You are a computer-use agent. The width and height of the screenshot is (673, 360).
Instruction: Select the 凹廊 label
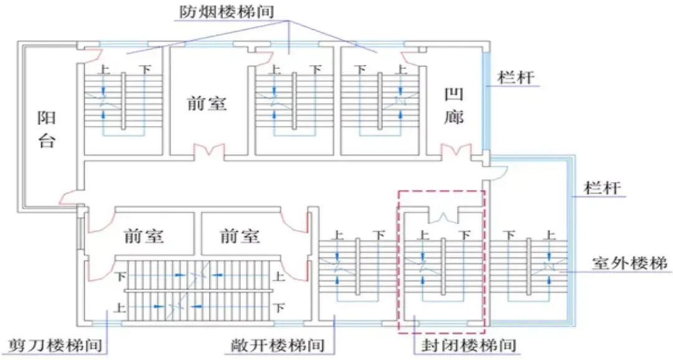pyautogui.click(x=454, y=106)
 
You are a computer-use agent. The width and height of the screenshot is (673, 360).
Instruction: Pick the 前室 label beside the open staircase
pyautogui.click(x=240, y=236)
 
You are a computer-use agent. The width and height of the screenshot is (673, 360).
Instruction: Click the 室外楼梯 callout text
pyautogui.click(x=629, y=263)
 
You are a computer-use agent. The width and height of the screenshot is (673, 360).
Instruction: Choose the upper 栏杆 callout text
pyautogui.click(x=515, y=78)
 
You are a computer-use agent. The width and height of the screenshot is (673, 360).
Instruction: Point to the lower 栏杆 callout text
pyautogui.click(x=604, y=187)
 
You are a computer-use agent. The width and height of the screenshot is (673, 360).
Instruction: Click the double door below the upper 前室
pyautogui.click(x=208, y=151)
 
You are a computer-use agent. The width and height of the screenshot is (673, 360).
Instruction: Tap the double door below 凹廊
pyautogui.click(x=455, y=151)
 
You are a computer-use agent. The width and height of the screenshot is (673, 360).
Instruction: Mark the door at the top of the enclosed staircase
pyautogui.click(x=443, y=217)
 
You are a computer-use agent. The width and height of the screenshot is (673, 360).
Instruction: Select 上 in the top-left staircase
pyautogui.click(x=104, y=69)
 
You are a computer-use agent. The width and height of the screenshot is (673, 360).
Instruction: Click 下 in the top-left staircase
pyautogui.click(x=145, y=69)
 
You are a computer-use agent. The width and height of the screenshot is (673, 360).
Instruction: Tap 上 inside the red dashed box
pyautogui.click(x=423, y=235)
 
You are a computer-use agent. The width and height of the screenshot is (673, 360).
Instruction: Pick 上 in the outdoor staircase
pyautogui.click(x=550, y=235)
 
